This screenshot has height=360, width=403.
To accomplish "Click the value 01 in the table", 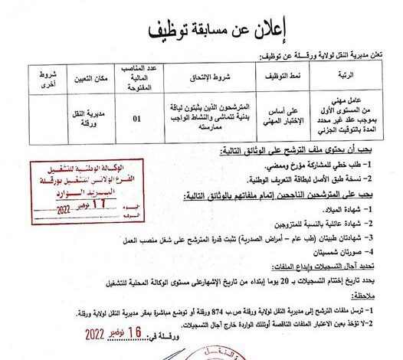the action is (138, 119).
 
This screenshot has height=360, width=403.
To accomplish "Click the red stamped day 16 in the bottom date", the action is (136, 335).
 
